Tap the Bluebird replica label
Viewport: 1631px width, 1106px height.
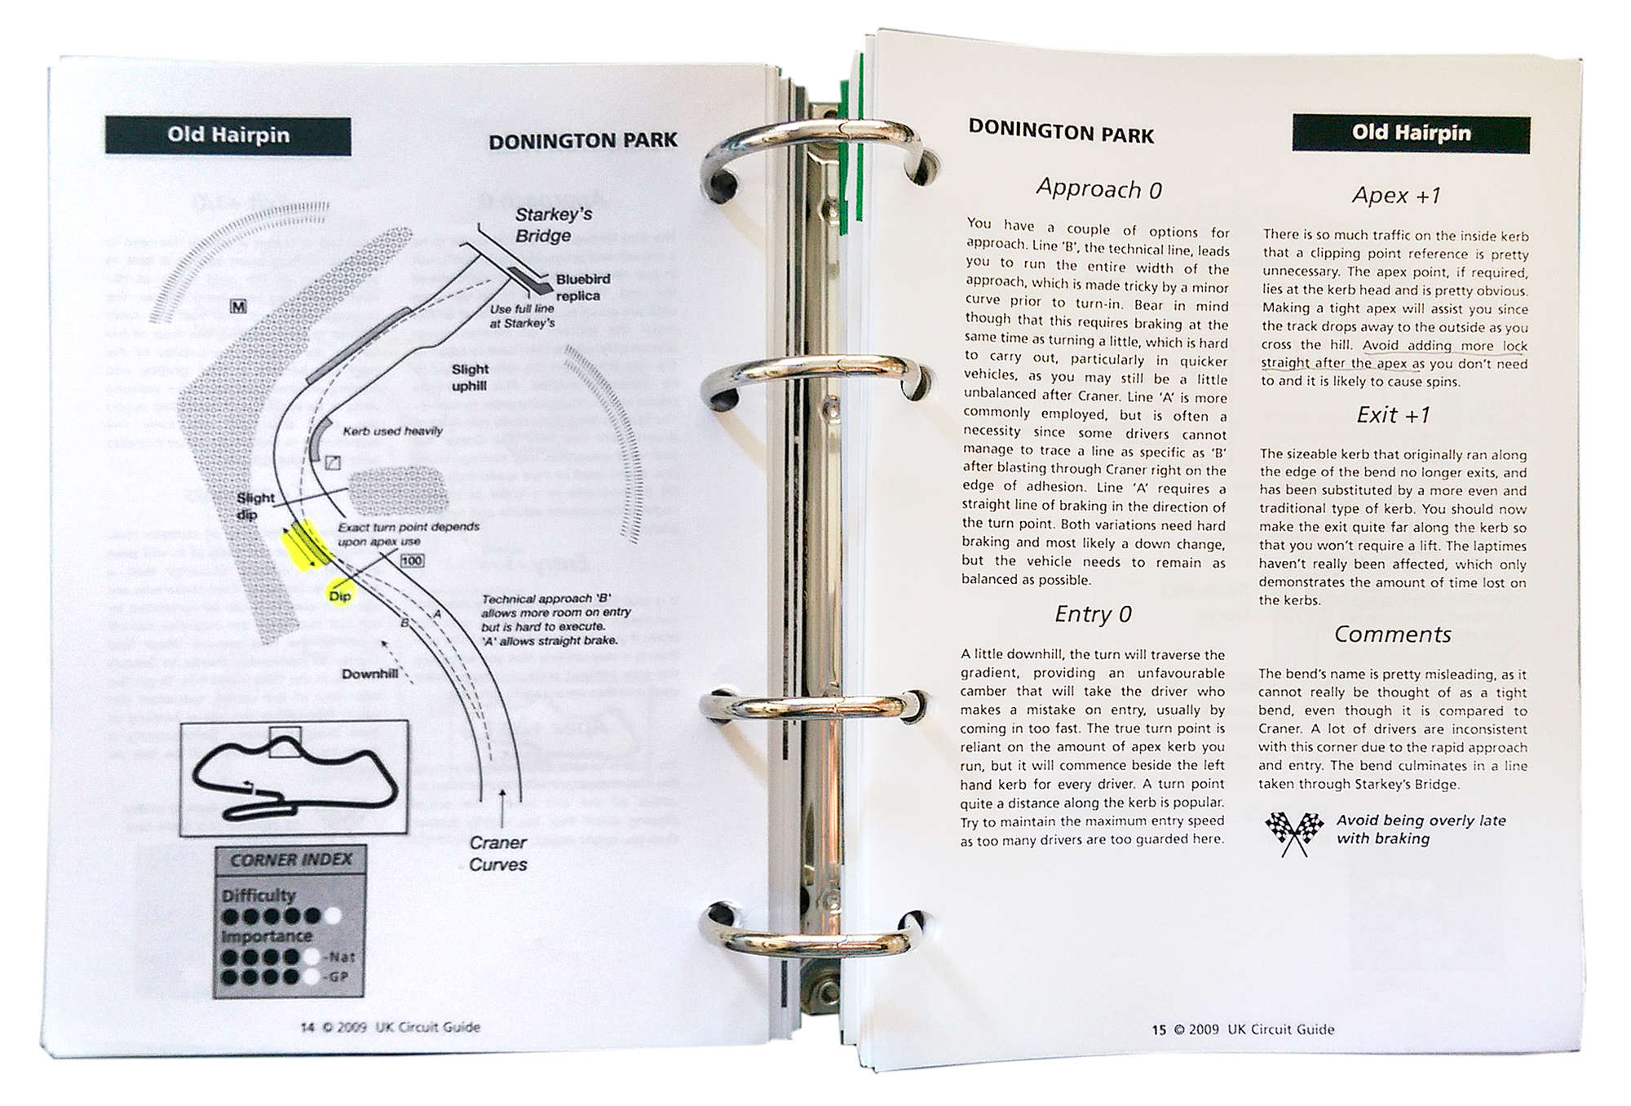pyautogui.click(x=582, y=287)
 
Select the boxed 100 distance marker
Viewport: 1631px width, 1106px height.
pyautogui.click(x=412, y=560)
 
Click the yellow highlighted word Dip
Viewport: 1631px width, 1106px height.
pyautogui.click(x=339, y=595)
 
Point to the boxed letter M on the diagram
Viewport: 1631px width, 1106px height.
pyautogui.click(x=238, y=307)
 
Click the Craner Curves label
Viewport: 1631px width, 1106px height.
pyautogui.click(x=497, y=853)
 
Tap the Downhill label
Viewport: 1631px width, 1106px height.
pyautogui.click(x=369, y=674)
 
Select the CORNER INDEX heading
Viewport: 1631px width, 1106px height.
pyautogui.click(x=290, y=860)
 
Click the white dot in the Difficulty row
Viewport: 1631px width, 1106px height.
pyautogui.click(x=333, y=916)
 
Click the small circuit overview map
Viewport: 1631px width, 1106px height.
pyautogui.click(x=294, y=777)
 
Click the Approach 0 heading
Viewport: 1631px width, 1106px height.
pyautogui.click(x=1098, y=189)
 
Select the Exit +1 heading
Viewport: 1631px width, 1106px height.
pyautogui.click(x=1393, y=415)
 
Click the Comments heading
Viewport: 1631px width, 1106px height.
pyautogui.click(x=1392, y=635)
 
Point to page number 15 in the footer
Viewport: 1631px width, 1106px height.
pyautogui.click(x=1159, y=1030)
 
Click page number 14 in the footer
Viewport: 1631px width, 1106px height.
pyautogui.click(x=307, y=1027)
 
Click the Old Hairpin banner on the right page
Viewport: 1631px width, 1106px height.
pyautogui.click(x=1411, y=134)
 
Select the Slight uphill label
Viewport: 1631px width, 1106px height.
pyautogui.click(x=470, y=377)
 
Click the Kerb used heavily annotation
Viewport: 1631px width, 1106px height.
pyautogui.click(x=392, y=431)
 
